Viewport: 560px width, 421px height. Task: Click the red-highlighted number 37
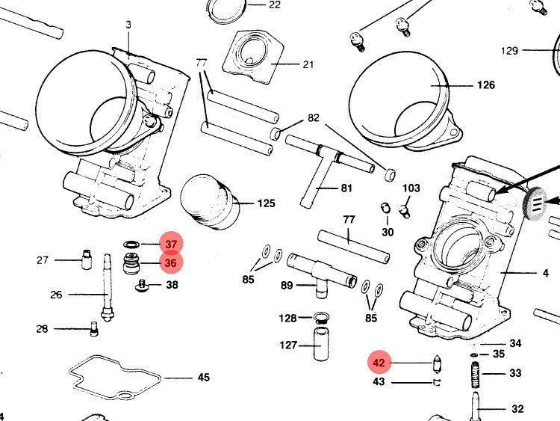pos(171,244)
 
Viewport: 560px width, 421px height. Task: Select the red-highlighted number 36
pos(171,262)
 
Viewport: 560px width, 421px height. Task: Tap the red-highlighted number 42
pos(379,363)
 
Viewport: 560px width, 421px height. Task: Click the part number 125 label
pos(267,203)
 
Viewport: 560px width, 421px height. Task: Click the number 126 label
pos(485,85)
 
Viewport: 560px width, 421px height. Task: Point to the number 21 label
pos(308,64)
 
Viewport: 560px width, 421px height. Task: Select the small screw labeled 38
pos(143,284)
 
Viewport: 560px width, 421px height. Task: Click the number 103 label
pos(411,188)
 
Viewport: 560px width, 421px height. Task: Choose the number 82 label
pos(313,119)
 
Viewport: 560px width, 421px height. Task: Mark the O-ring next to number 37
pos(131,245)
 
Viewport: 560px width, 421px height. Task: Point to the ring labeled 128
pos(323,318)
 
